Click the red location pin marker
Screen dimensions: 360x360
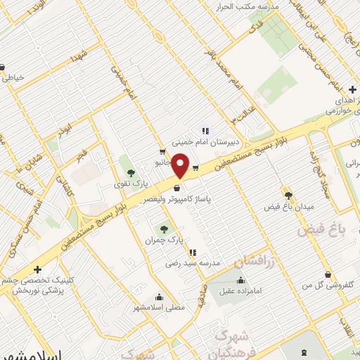point(181,167)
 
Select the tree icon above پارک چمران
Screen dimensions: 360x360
point(164,229)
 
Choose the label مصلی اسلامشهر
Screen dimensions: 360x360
point(160,307)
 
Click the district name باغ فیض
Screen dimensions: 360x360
point(323,229)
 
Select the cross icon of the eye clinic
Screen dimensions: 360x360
point(37,269)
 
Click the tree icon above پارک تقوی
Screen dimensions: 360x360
point(129,172)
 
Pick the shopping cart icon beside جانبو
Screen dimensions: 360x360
point(162,151)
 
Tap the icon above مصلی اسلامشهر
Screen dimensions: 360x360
point(160,296)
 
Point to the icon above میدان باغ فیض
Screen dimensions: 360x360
point(288,195)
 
